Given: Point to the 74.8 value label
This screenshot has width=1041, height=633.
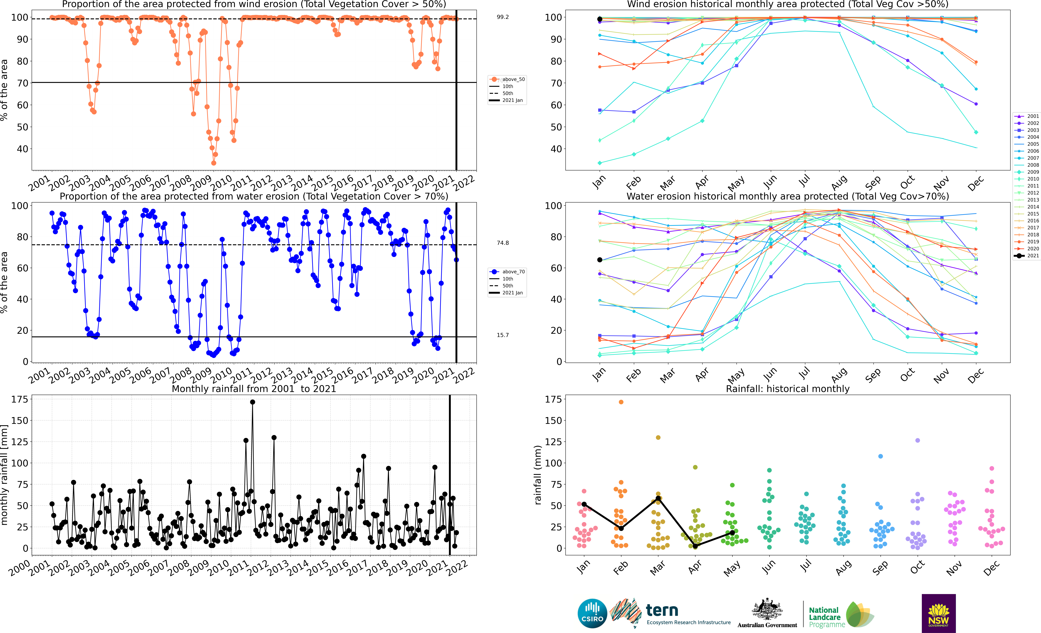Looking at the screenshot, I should tap(503, 243).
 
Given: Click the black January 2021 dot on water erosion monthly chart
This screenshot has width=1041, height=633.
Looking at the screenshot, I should tap(600, 260).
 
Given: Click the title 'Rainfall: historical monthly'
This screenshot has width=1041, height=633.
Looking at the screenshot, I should tap(788, 389).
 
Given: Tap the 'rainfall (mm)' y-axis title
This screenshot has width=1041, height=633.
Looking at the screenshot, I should tap(538, 475).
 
